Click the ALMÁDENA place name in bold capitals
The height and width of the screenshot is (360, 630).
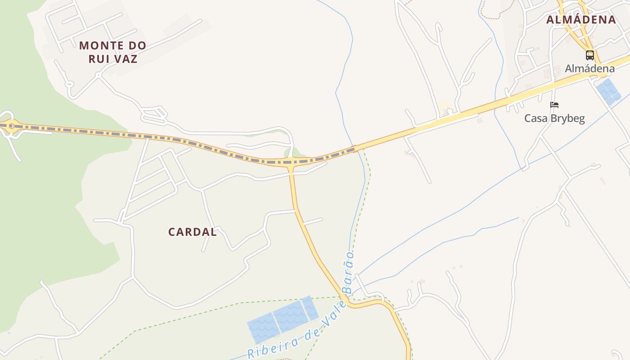coord(581,20)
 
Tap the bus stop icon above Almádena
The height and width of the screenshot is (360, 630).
coord(589,55)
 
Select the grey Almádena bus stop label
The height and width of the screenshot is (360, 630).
coord(589,69)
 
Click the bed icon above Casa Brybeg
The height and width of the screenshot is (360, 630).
coord(554,105)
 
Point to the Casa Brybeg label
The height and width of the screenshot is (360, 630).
coord(554,118)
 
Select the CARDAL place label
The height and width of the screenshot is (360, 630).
coord(192,232)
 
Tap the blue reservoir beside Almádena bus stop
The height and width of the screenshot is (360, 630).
coord(608,92)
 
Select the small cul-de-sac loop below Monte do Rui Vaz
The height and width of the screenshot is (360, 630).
coord(69,84)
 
